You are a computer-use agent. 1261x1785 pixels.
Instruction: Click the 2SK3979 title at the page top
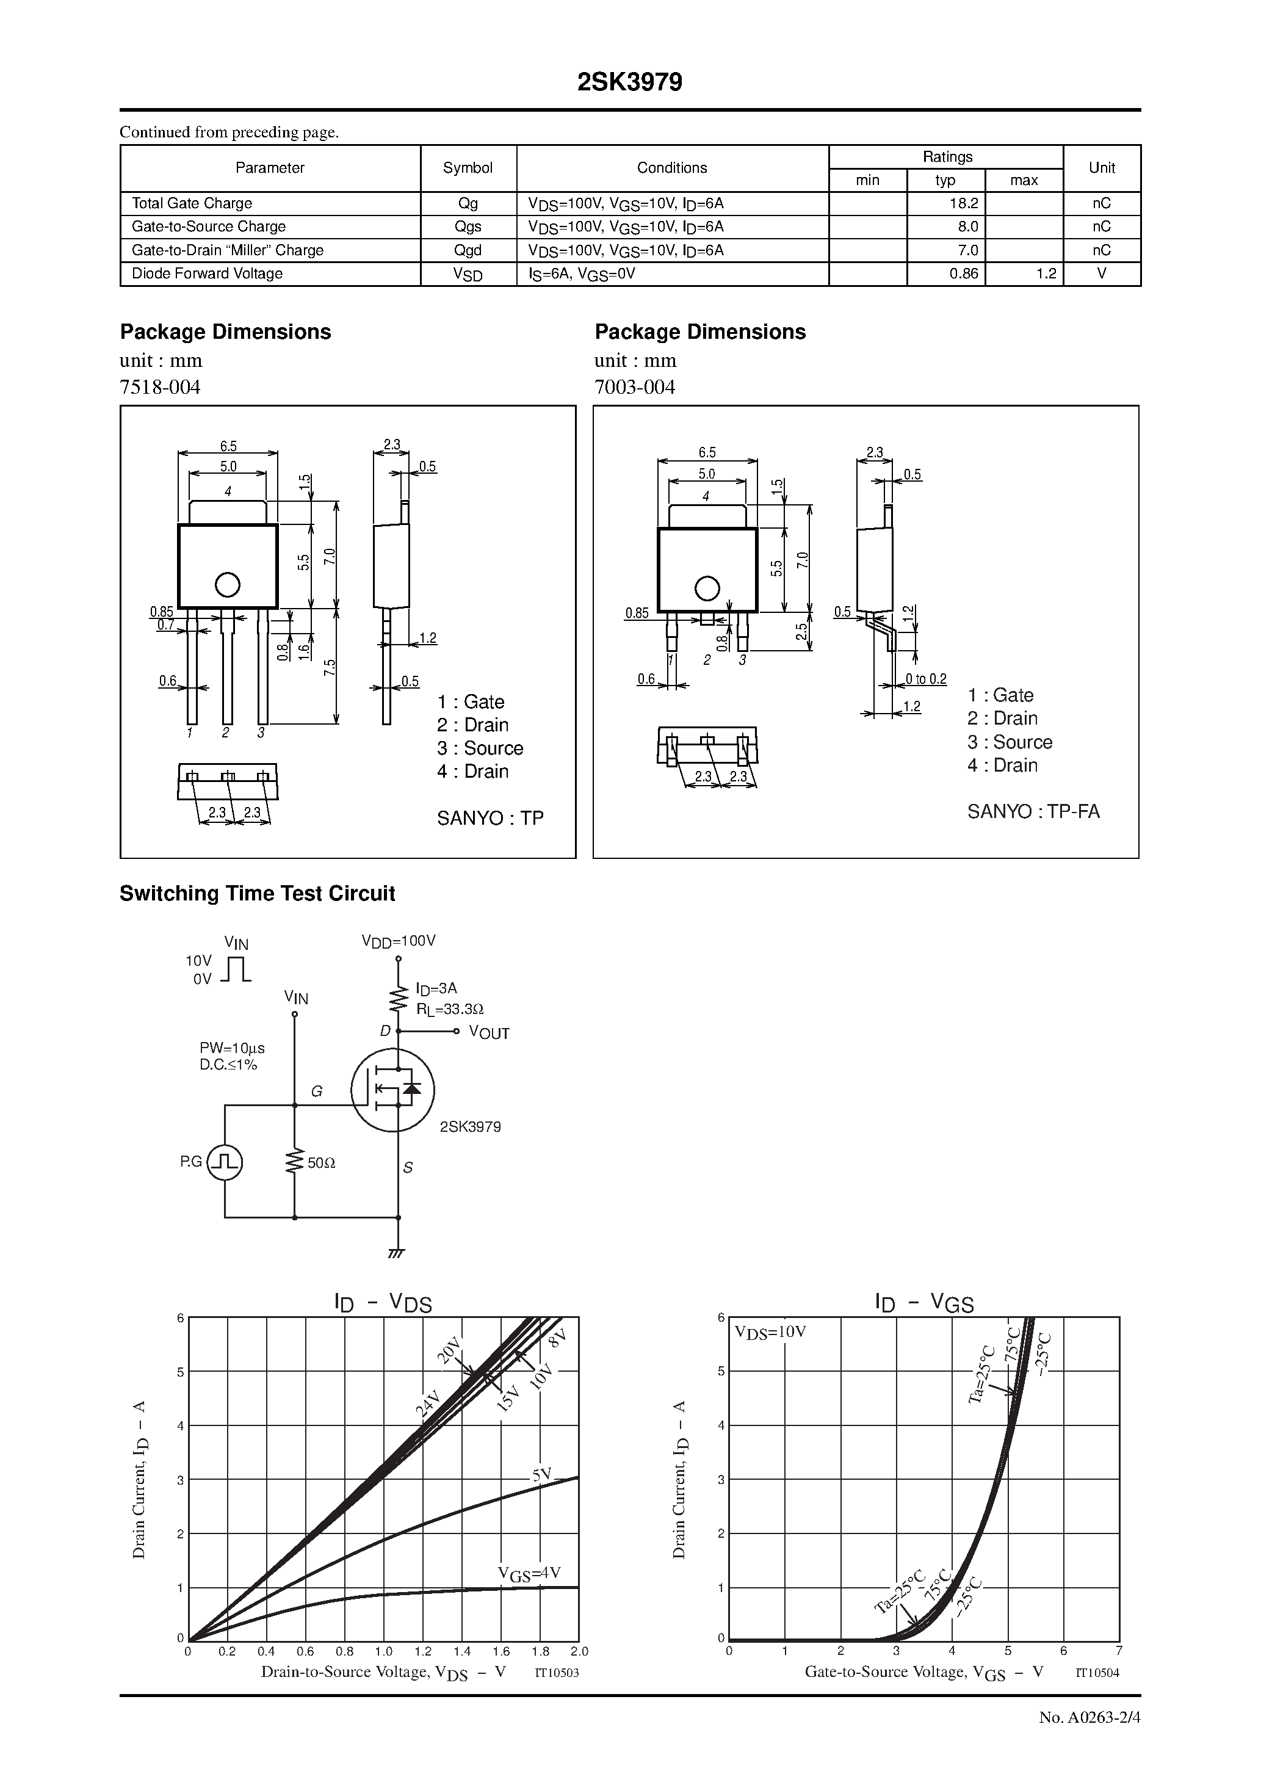(x=630, y=82)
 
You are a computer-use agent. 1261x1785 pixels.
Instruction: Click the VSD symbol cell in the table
(x=468, y=275)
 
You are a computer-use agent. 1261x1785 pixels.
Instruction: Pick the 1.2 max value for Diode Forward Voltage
(x=1046, y=273)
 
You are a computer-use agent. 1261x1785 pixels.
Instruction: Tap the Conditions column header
(x=672, y=168)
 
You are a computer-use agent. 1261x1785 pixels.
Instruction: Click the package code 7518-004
(x=160, y=387)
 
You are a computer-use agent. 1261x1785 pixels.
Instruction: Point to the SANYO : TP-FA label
(x=1033, y=812)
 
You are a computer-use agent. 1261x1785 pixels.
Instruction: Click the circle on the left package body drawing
(x=227, y=585)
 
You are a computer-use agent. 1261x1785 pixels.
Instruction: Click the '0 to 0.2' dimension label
(x=926, y=679)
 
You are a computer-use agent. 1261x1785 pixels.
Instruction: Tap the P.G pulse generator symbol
(x=225, y=1162)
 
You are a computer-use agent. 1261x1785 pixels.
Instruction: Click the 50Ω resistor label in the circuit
(x=321, y=1163)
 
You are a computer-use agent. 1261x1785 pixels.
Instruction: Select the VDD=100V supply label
(x=399, y=941)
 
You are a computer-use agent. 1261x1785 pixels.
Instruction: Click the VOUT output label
(x=489, y=1034)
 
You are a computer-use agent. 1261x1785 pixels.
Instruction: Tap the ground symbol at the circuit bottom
(x=397, y=1253)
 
